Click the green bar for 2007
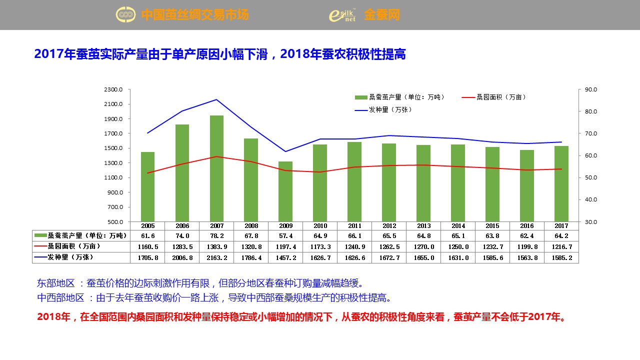216,168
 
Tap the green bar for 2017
561,183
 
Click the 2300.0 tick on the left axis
113,89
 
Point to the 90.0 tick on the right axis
590,89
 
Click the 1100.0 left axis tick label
113,177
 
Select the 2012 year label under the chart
389,226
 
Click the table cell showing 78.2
216,235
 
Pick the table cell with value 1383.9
216,246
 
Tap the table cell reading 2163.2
216,257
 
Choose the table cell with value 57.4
285,235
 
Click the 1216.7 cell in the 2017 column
561,246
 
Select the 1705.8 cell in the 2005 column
147,257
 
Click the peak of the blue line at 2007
216,99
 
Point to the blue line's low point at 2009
285,151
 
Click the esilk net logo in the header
342,15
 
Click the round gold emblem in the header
125,15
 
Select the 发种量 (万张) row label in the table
70,257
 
